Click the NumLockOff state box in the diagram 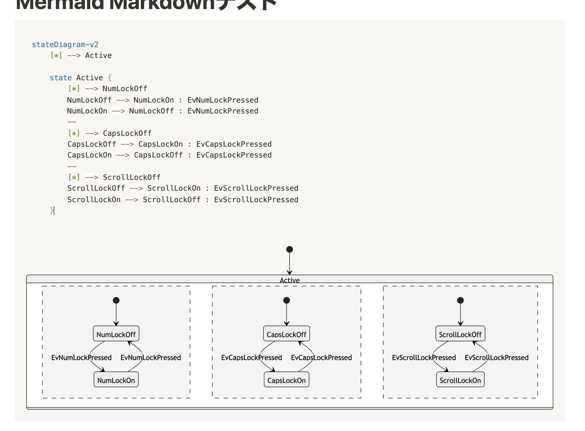[116, 334]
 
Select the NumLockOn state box [116, 380]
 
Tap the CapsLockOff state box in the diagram [286, 334]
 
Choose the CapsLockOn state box [286, 380]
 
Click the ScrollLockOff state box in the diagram [460, 334]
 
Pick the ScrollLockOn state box [460, 380]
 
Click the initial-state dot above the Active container [289, 249]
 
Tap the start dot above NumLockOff [116, 300]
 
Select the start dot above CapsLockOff [286, 300]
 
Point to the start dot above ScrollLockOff [460, 300]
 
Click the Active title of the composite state [289, 280]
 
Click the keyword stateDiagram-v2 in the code [65, 45]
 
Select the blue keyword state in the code [61, 78]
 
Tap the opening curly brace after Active [110, 78]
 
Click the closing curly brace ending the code [52, 210]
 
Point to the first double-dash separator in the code [72, 122]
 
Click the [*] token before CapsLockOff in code [74, 133]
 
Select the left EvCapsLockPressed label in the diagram [251, 358]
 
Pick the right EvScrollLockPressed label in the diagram [496, 358]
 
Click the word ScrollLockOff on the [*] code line [132, 177]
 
